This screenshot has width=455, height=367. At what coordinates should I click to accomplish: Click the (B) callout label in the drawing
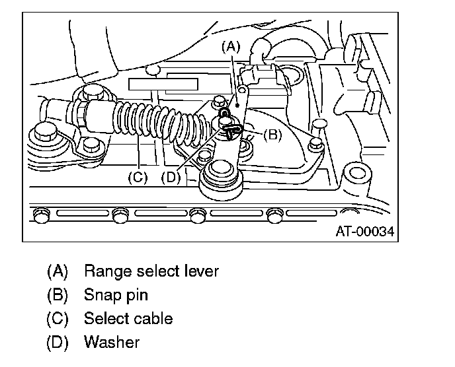click(x=272, y=135)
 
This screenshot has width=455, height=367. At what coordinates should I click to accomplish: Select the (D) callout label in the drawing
click(x=171, y=177)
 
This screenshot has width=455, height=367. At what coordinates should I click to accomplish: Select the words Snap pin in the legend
click(x=116, y=294)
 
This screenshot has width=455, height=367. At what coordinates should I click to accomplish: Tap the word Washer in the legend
click(x=112, y=342)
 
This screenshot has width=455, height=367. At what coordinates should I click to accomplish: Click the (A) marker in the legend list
click(x=58, y=271)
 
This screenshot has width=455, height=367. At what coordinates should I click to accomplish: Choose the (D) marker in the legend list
click(x=58, y=342)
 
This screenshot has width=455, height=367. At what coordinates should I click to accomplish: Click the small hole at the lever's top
click(x=243, y=87)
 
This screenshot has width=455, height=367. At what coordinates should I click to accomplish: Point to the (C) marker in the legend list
click(x=58, y=318)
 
